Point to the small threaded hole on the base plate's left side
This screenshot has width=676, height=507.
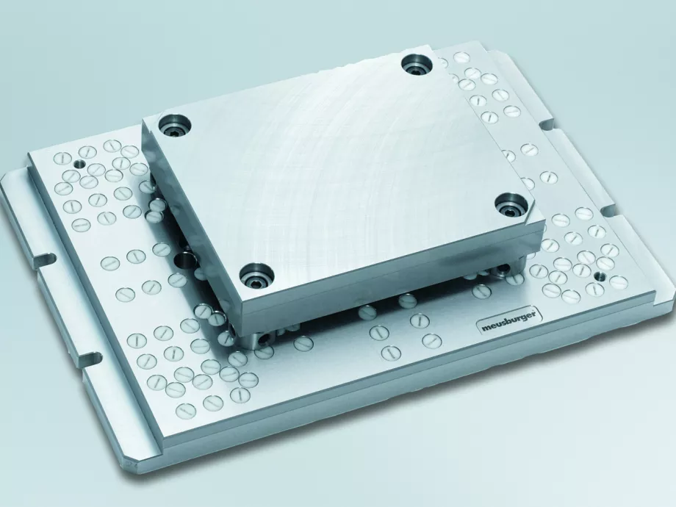tap(79, 164)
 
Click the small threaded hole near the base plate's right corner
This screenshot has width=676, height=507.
tap(599, 275)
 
